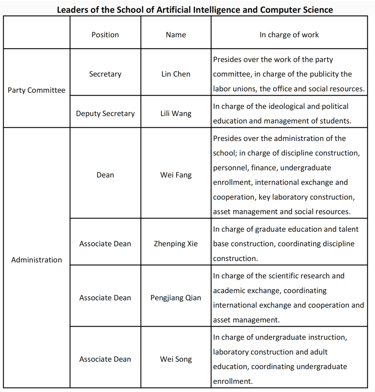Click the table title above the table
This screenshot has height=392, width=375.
[x=195, y=10]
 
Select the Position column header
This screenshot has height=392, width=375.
[x=105, y=35]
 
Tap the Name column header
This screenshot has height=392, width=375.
[x=176, y=35]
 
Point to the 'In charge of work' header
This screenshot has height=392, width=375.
[x=289, y=35]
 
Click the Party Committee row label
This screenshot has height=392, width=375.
[x=36, y=90]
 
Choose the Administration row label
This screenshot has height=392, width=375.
[x=36, y=260]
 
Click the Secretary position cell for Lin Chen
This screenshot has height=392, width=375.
[x=105, y=74]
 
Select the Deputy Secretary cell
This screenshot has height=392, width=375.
[x=105, y=114]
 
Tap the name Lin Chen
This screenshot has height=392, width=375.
[x=176, y=74]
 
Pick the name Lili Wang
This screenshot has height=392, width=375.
[x=176, y=114]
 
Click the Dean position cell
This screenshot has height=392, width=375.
[x=105, y=175]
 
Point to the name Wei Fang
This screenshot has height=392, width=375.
[x=176, y=175]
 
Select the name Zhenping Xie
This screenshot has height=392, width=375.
[x=176, y=244]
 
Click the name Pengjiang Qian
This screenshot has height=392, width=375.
[x=176, y=298]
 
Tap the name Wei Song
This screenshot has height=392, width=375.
[x=176, y=359]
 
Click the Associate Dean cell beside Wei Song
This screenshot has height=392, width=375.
[x=105, y=359]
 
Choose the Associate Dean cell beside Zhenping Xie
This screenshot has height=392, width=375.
[x=105, y=244]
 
